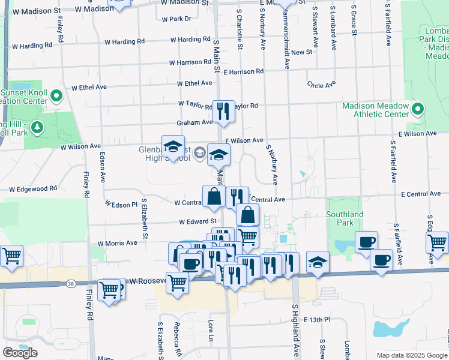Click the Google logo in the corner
click(x=20, y=353)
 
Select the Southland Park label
click(x=345, y=218)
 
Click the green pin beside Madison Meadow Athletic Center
click(x=418, y=109)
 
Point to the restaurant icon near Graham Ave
click(x=223, y=111)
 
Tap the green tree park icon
click(x=37, y=127)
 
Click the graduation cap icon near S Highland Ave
click(x=318, y=262)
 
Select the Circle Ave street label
click(x=321, y=85)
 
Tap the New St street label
click(x=302, y=52)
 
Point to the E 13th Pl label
click(x=317, y=320)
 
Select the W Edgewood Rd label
click(x=32, y=188)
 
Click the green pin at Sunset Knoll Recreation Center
click(x=56, y=95)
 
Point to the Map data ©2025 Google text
click(x=412, y=355)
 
